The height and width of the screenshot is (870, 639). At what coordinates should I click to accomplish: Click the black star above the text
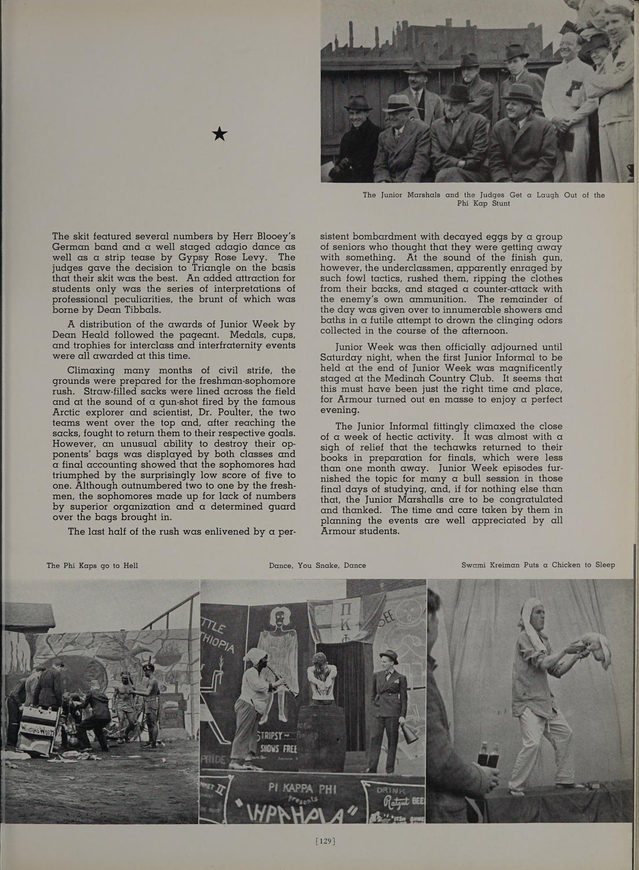pos(220,134)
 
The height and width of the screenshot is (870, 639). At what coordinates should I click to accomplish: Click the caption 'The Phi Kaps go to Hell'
pos(92,565)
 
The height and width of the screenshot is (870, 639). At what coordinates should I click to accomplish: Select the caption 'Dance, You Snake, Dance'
pos(317,565)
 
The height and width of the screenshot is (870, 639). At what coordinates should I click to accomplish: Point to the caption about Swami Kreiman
pos(538,565)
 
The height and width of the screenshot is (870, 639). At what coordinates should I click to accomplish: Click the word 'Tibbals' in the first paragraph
pos(143,310)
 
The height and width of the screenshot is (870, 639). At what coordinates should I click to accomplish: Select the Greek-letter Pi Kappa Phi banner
pos(331,623)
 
